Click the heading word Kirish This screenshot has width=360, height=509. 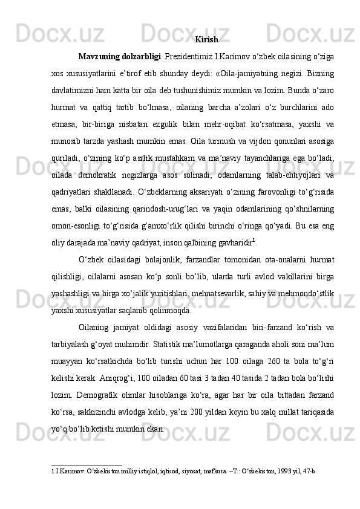click(207, 40)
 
